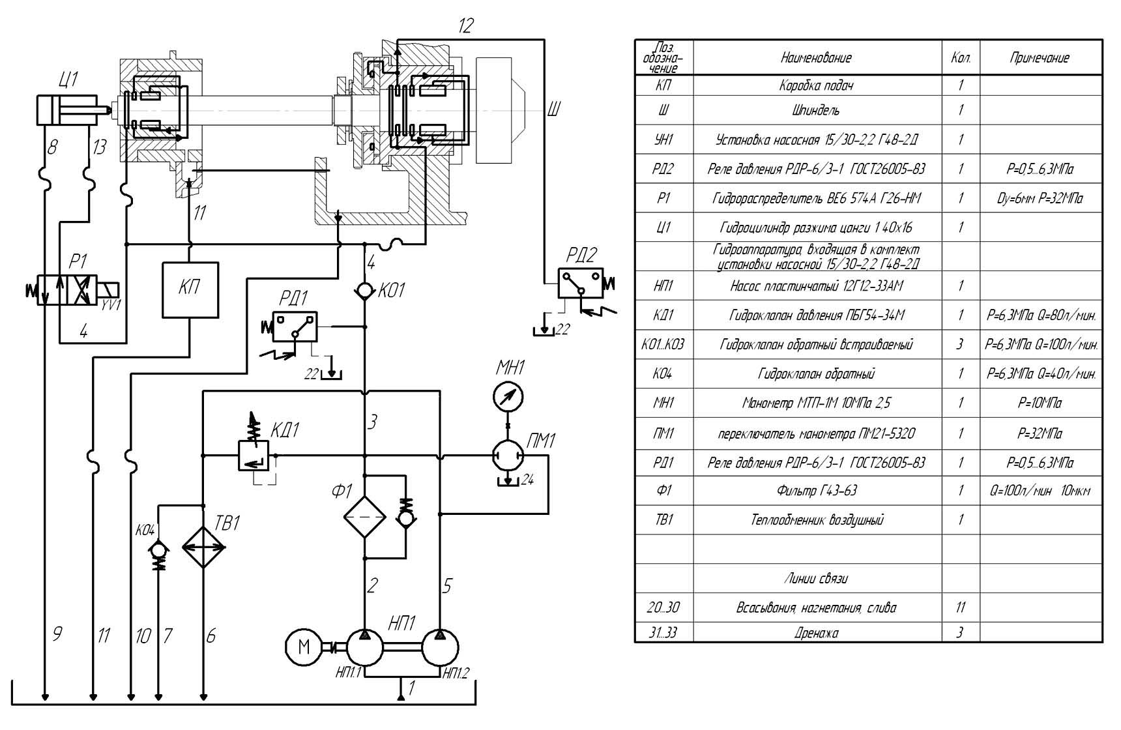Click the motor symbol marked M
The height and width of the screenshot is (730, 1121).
click(304, 647)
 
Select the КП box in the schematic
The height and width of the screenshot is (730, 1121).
click(190, 289)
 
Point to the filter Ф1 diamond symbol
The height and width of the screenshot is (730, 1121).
click(365, 517)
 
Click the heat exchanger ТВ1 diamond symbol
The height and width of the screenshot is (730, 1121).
click(203, 546)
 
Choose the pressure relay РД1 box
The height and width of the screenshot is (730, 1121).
click(295, 327)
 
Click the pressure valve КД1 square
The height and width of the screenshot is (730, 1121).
click(253, 455)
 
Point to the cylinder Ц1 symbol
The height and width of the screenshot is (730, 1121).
click(66, 109)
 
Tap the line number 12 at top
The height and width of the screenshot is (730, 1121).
click(465, 26)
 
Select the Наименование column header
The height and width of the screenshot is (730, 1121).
click(817, 58)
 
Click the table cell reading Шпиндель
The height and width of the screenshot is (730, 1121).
click(817, 110)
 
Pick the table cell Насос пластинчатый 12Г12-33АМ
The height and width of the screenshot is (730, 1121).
click(817, 286)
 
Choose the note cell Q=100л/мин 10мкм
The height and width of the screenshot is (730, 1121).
click(1040, 491)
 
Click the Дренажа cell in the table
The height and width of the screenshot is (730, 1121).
click(817, 632)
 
